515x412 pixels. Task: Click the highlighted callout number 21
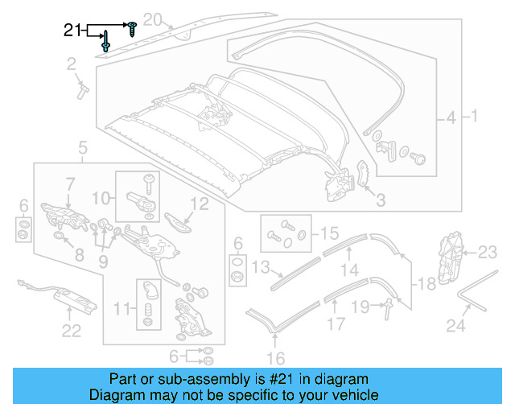pyautogui.click(x=73, y=31)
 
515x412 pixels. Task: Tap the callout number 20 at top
pyautogui.click(x=153, y=19)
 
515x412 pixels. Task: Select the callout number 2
pyautogui.click(x=71, y=64)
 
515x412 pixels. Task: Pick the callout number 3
pyautogui.click(x=381, y=200)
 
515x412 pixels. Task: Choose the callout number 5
pyautogui.click(x=82, y=147)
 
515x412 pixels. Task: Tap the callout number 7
pyautogui.click(x=70, y=184)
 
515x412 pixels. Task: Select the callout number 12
pyautogui.click(x=197, y=204)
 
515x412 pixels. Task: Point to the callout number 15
pyautogui.click(x=329, y=233)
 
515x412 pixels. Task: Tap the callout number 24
pyautogui.click(x=456, y=326)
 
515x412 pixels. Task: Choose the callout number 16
pyautogui.click(x=275, y=358)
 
